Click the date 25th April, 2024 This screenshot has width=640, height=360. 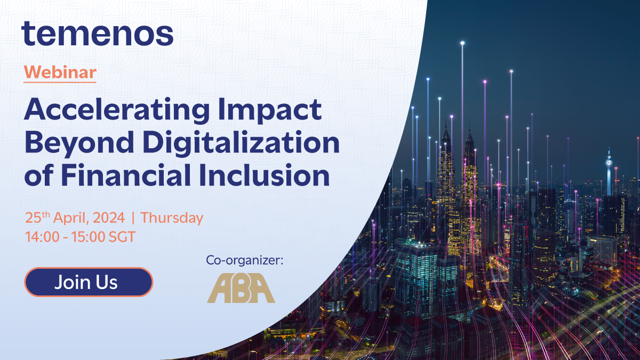[x=75, y=218]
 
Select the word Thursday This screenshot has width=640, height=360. [x=172, y=218]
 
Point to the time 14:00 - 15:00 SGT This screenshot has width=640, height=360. [x=80, y=236]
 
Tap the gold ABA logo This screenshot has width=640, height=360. [x=241, y=289]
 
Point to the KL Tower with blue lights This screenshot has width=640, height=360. [x=608, y=171]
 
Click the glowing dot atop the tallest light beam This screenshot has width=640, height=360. [x=462, y=42]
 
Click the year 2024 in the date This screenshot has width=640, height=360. [x=111, y=218]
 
